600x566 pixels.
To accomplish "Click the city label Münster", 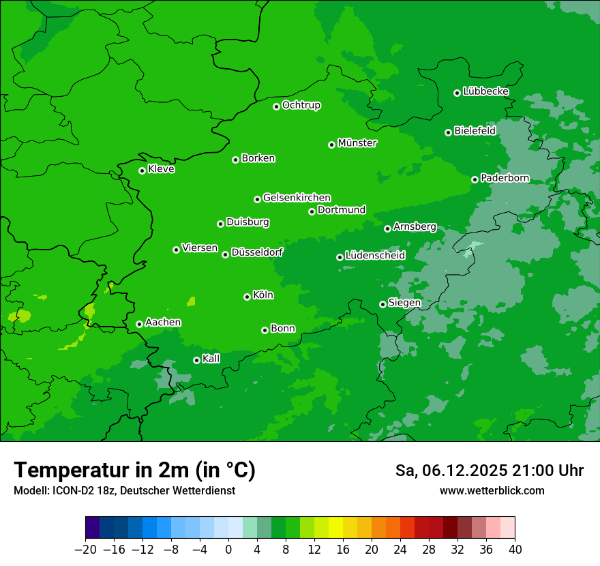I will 357,143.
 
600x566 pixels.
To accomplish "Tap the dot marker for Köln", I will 247,297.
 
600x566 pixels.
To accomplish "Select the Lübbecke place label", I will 485,91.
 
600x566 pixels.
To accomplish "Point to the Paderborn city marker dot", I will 475,179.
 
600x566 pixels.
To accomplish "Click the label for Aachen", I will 163,323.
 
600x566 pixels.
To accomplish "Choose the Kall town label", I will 211,359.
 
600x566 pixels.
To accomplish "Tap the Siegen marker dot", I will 382,304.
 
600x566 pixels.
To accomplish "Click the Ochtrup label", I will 301,105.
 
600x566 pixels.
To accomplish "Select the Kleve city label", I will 161,169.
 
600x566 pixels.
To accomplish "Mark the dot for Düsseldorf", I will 225,254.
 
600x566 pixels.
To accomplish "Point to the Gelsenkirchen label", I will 297,198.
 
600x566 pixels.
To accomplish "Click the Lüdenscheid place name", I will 375,256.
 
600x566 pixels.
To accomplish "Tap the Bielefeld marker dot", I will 448,132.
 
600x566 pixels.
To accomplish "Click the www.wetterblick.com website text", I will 492,490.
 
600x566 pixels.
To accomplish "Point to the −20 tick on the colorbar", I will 85,550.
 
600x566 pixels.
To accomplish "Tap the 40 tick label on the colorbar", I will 515,550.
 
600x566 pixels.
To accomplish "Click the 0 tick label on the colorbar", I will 228,550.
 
